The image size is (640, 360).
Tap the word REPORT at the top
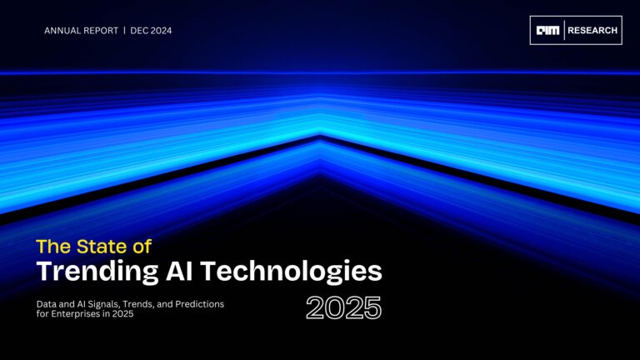[101, 31]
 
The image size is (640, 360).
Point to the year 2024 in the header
[161, 31]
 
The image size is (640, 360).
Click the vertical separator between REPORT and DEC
[124, 31]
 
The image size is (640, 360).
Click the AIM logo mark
[547, 30]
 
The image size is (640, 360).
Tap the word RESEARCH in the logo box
[592, 30]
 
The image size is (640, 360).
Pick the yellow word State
[102, 247]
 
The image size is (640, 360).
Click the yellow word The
[54, 247]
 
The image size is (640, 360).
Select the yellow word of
[142, 247]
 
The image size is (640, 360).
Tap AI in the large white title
[179, 271]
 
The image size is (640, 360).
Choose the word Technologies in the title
[291, 272]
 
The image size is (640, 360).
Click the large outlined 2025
[343, 308]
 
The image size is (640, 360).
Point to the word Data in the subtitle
[45, 304]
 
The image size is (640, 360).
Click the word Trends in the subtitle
[139, 304]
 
